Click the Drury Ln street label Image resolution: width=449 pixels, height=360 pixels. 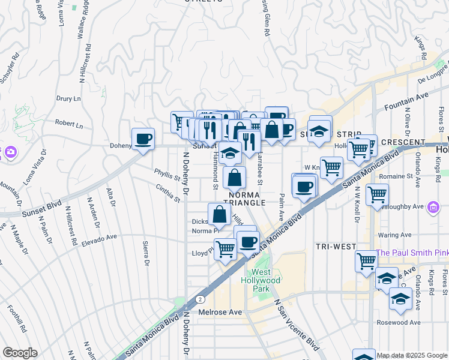[68, 98]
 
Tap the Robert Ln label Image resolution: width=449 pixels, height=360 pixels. [68, 125]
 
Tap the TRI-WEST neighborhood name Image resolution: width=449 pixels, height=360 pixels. [336, 247]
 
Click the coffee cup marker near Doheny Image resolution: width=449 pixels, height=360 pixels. [143, 140]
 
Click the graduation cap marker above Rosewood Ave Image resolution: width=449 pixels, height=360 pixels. [400, 298]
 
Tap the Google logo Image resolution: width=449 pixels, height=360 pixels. [20, 353]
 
